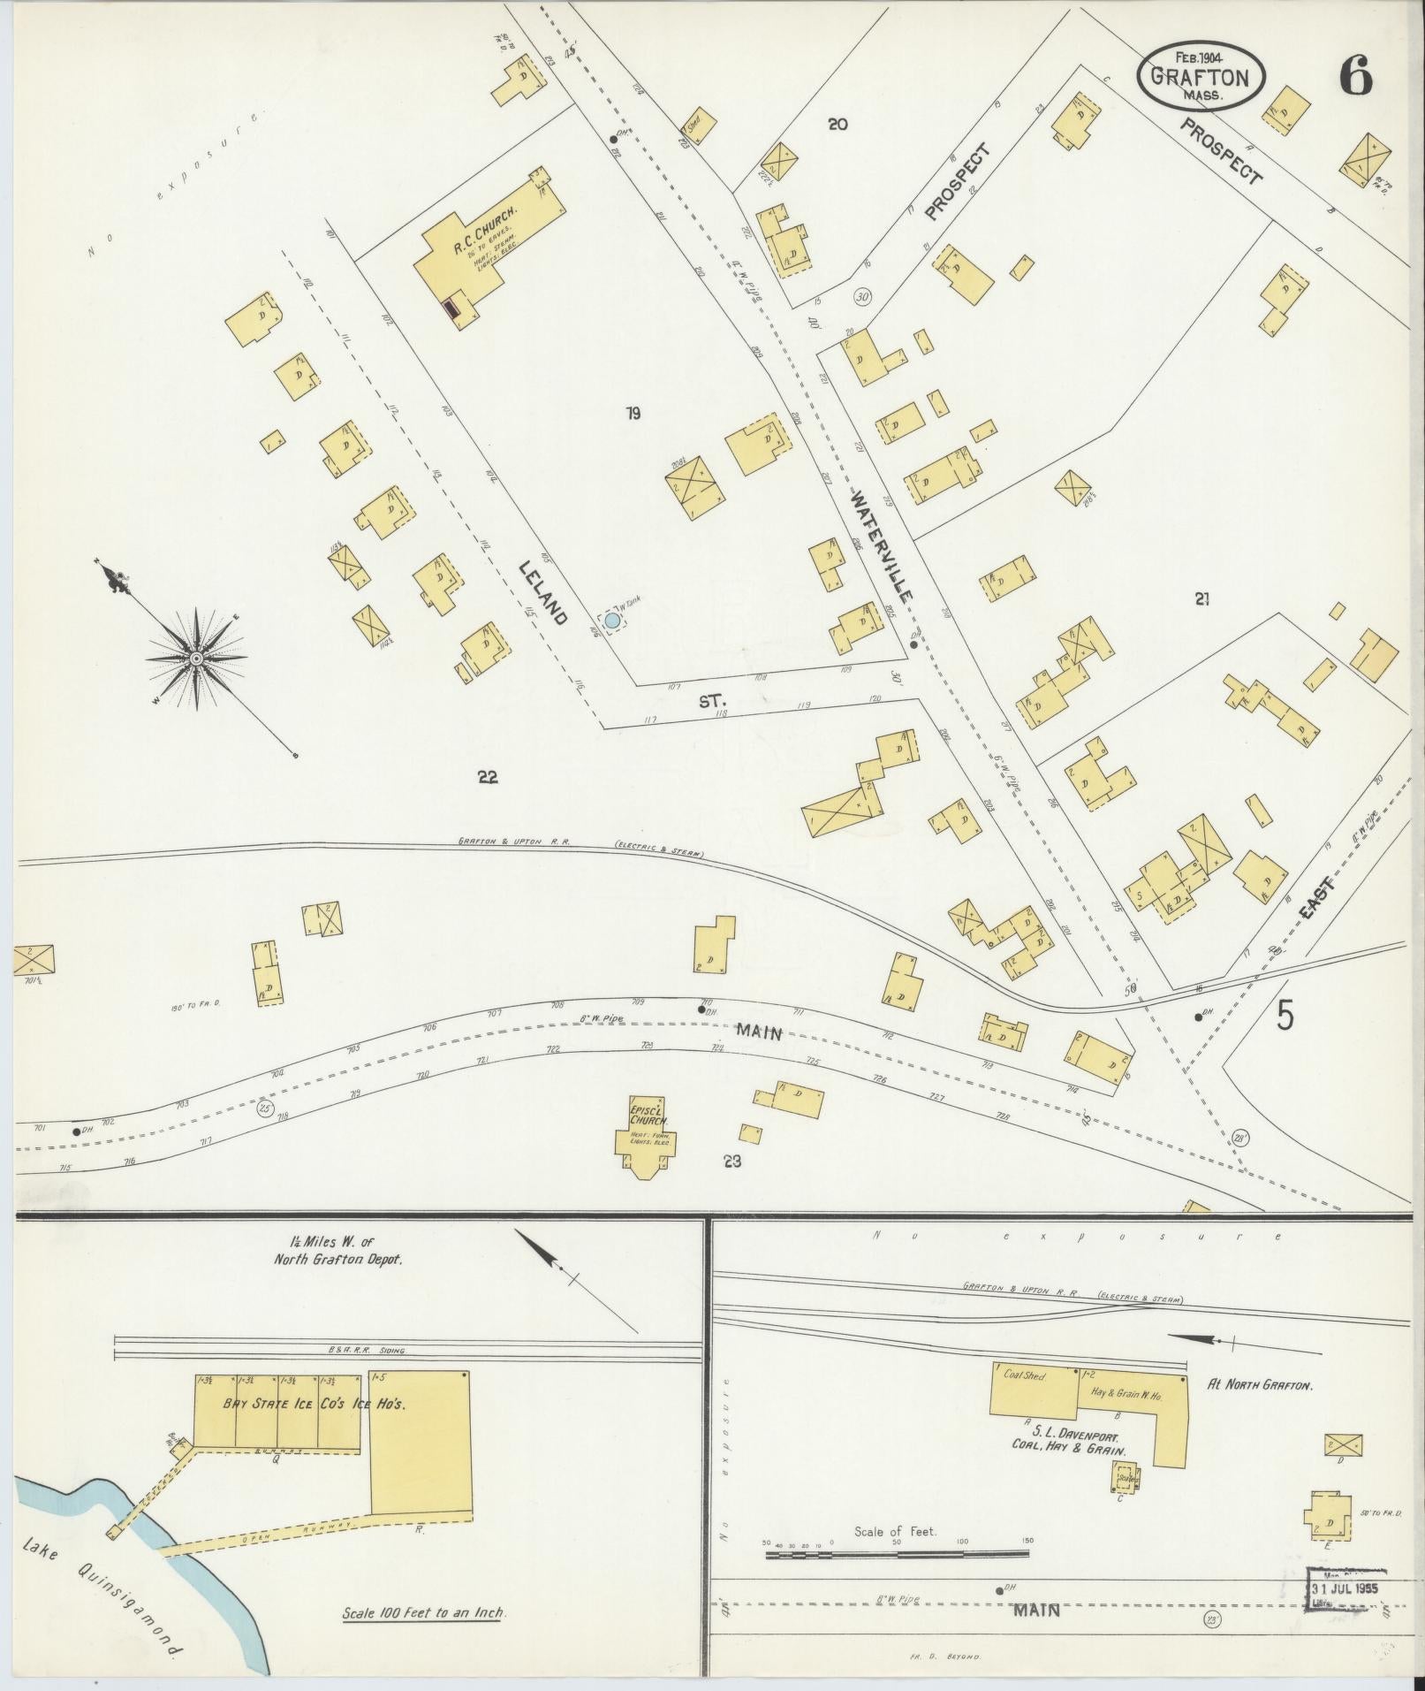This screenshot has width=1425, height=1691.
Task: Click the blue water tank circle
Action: [x=611, y=621]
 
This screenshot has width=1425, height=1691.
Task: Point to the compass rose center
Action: [x=196, y=659]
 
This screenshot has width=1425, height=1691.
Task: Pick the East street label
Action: [x=1318, y=900]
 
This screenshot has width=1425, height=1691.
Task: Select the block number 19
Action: [x=633, y=413]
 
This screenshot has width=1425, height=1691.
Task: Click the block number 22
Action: [x=488, y=777]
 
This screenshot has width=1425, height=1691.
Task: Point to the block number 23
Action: [x=731, y=1161]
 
